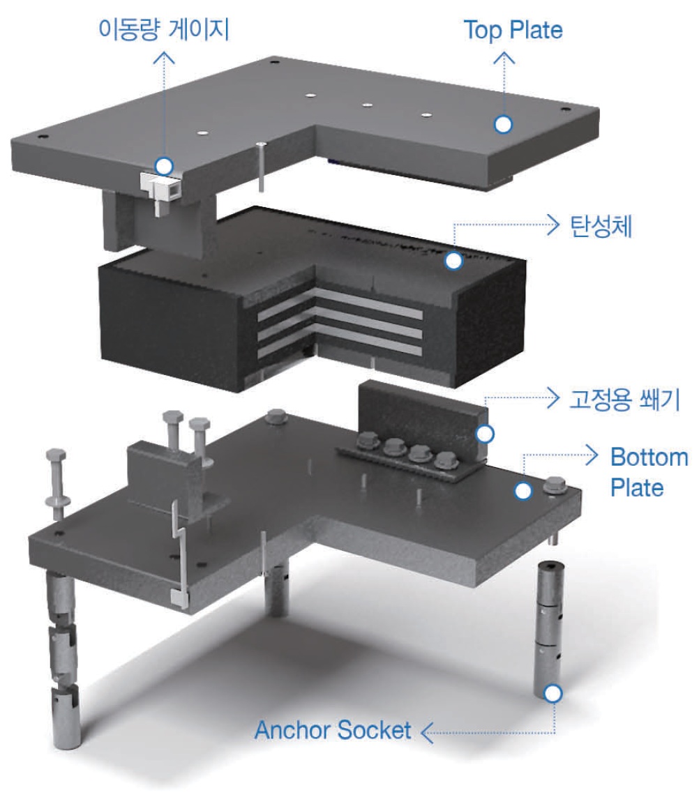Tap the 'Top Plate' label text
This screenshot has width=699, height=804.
(513, 30)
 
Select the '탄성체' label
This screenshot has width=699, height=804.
(601, 226)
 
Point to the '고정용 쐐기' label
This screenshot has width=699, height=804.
(624, 399)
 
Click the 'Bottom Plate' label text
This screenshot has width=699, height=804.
(649, 472)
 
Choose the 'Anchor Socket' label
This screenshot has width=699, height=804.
(333, 730)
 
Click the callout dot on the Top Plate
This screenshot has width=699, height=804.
(503, 125)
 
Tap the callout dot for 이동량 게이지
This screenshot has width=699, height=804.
(165, 166)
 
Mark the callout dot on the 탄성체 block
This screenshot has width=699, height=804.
(453, 261)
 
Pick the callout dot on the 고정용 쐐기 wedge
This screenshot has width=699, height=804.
(485, 434)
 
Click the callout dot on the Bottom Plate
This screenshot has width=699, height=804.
(523, 491)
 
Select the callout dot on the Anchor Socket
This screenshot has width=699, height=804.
(553, 694)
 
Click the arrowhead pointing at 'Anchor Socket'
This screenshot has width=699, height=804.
(427, 733)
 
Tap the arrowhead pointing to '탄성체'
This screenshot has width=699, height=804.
(553, 225)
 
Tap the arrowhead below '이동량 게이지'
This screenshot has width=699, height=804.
(165, 57)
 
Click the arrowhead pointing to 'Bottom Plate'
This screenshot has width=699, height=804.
(592, 455)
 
